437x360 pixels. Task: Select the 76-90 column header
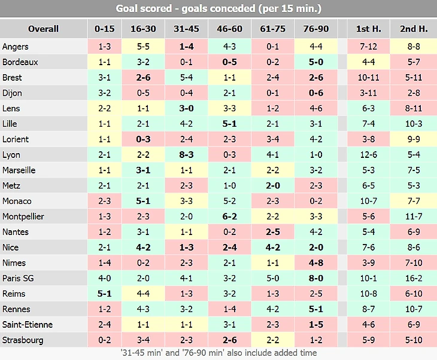coord(315,28)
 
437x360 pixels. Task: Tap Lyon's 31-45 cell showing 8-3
coord(186,154)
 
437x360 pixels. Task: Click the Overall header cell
coord(43,28)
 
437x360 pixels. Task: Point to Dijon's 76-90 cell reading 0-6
coord(315,93)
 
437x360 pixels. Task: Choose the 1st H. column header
coord(368,28)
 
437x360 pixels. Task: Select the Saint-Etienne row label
coord(28,325)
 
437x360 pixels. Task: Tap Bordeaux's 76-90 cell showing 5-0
coord(315,62)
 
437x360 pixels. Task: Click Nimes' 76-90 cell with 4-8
coord(315,263)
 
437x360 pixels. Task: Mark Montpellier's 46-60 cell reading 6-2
coord(229,216)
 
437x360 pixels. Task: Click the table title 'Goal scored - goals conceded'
coord(218,9)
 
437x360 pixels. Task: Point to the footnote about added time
coord(218,353)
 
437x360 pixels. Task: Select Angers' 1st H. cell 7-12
coord(368,46)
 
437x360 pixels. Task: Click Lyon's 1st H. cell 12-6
coord(368,154)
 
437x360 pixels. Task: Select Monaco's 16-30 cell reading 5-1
coord(143,201)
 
